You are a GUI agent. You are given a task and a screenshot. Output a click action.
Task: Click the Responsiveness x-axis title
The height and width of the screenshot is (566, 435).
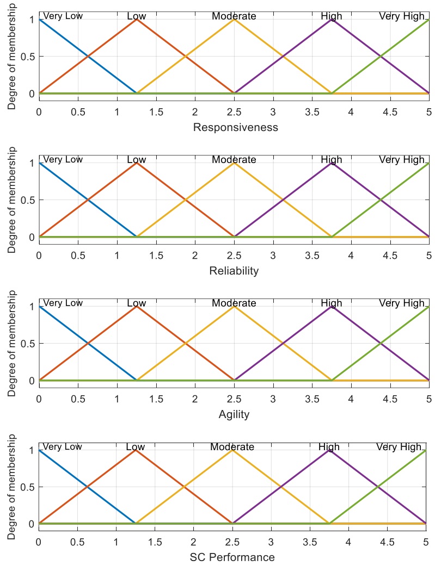[236, 128]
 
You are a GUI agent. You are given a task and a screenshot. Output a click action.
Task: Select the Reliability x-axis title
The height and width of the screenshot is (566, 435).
[234, 271]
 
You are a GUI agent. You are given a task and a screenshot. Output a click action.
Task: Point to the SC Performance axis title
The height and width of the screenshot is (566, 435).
[232, 557]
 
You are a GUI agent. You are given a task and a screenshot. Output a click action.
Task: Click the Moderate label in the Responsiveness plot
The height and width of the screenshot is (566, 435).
[234, 16]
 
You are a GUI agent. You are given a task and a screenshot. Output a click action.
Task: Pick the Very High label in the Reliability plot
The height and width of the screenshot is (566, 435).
[401, 160]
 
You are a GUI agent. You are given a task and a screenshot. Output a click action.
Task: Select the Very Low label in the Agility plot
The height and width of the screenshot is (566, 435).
[62, 303]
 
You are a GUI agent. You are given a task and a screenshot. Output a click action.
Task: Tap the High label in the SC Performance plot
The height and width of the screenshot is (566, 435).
[329, 447]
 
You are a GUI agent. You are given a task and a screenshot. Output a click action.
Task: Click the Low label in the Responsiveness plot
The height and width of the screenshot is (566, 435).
[136, 16]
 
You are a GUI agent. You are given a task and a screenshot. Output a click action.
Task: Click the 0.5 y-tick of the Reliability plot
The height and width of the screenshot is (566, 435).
[27, 200]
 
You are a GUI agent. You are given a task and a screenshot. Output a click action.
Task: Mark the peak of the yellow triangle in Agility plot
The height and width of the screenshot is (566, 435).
[234, 306]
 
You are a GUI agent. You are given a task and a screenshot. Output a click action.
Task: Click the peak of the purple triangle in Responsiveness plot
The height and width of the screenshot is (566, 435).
[332, 19]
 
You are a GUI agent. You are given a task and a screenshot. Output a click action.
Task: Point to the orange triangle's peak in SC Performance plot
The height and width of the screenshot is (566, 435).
[135, 450]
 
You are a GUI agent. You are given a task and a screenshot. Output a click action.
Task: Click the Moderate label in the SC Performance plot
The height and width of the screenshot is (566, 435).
[232, 447]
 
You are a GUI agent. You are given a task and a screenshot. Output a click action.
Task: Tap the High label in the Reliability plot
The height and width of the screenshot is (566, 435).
[332, 160]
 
